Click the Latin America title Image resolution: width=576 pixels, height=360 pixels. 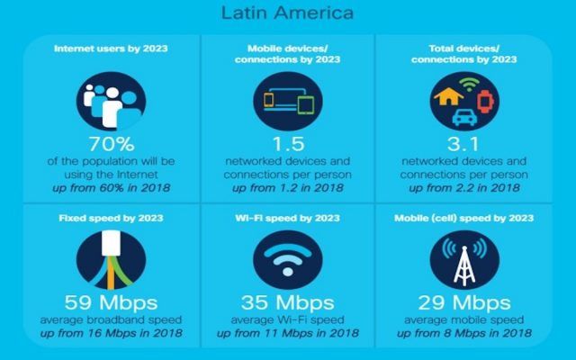(287, 13)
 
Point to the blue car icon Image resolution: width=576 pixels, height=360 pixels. (465, 115)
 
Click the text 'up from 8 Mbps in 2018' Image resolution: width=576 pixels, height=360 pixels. (465, 334)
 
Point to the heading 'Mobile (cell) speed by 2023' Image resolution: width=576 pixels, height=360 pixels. (465, 218)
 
